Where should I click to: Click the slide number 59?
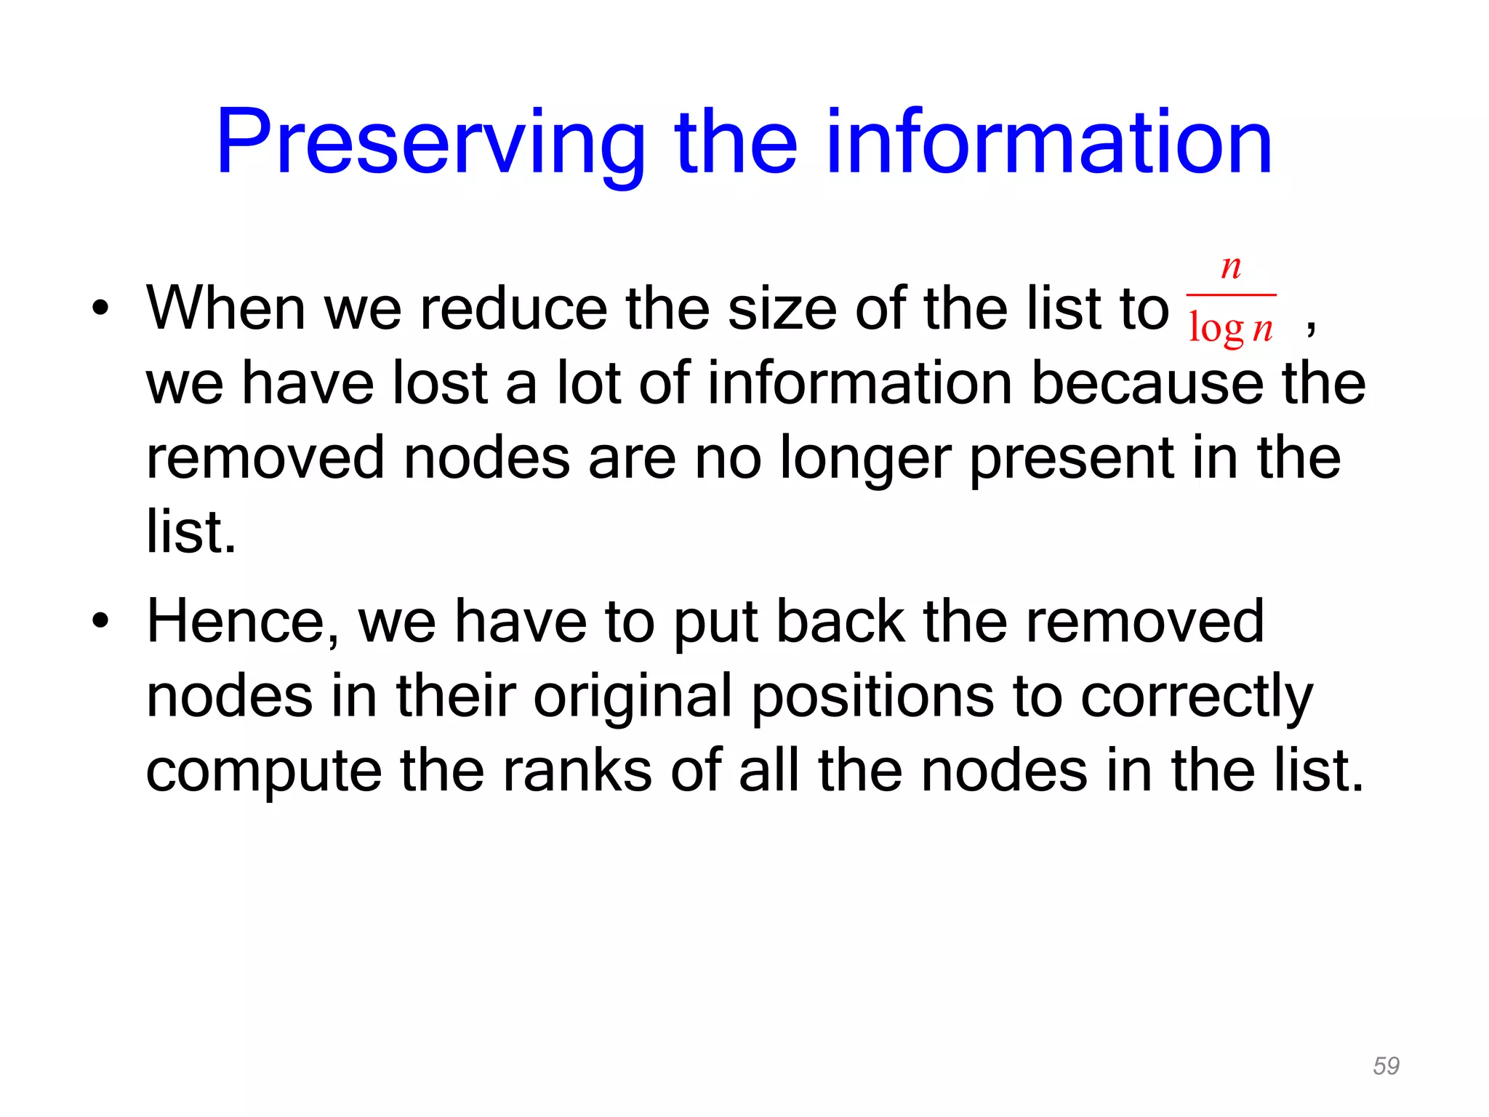coord(1386,1065)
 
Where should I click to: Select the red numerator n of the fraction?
coord(1230,267)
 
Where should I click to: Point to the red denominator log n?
coord(1230,328)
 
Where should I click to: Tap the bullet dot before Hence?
coord(100,621)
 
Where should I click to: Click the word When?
coord(225,308)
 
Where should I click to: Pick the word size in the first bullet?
coord(782,308)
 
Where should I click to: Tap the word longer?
coord(865,459)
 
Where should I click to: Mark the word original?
coord(633,697)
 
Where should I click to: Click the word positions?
coord(872,697)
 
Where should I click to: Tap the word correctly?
coord(1197,697)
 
